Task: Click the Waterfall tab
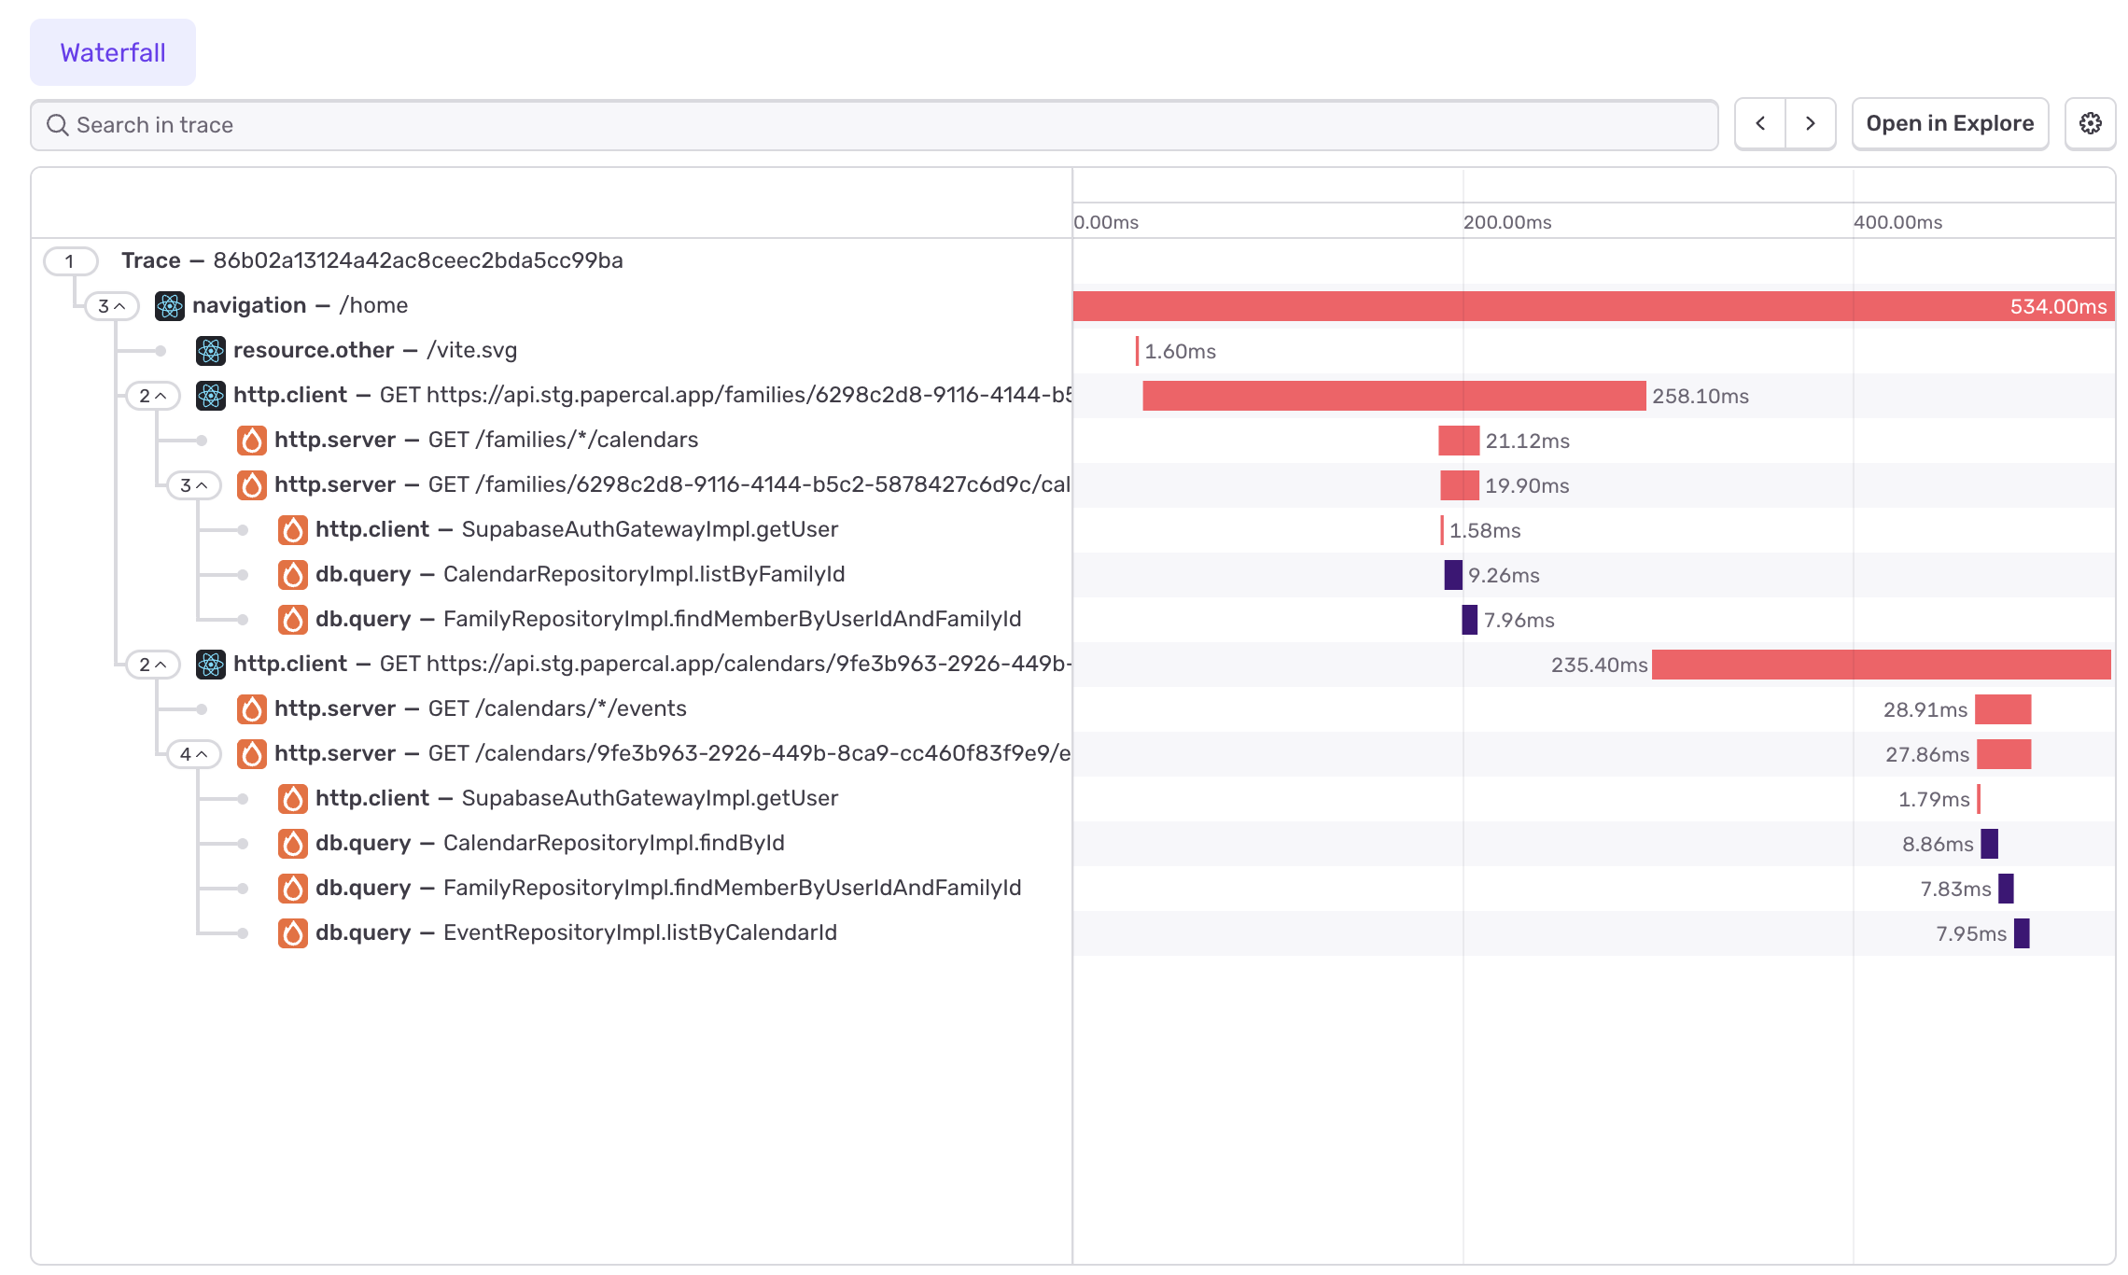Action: pyautogui.click(x=113, y=52)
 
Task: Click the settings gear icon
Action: pyautogui.click(x=2090, y=123)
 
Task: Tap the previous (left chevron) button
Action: pyautogui.click(x=1760, y=123)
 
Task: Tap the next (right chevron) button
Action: pyautogui.click(x=1811, y=123)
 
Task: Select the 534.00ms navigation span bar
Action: pyautogui.click(x=1540, y=306)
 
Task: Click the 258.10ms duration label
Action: pyautogui.click(x=1701, y=396)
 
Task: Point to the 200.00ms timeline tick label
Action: pyautogui.click(x=1507, y=222)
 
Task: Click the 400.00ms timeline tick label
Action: pyautogui.click(x=1897, y=222)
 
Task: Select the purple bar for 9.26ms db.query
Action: pyautogui.click(x=1453, y=575)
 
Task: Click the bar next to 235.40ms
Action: pyautogui.click(x=1881, y=665)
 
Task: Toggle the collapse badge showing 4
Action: pyautogui.click(x=193, y=754)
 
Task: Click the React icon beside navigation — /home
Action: pyautogui.click(x=170, y=306)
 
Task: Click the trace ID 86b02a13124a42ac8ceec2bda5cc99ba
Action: pyautogui.click(x=417, y=260)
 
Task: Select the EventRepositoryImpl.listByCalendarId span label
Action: pyautogui.click(x=639, y=932)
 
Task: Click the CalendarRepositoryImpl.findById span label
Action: pyautogui.click(x=613, y=843)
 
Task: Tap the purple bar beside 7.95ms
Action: pyautogui.click(x=2022, y=933)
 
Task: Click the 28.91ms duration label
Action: pyautogui.click(x=1925, y=709)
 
